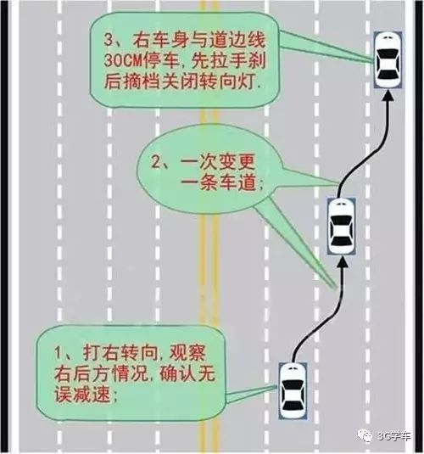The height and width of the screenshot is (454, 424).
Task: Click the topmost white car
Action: pos(388,60)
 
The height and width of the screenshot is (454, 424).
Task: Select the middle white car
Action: pos(342,226)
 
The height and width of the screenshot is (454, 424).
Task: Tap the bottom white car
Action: pos(293,390)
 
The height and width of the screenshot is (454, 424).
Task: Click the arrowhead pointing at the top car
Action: pos(388,95)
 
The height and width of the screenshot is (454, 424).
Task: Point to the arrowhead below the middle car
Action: pos(342,261)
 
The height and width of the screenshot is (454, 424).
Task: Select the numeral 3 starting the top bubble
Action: pos(109,41)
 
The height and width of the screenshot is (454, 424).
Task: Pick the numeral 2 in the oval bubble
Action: pos(157,162)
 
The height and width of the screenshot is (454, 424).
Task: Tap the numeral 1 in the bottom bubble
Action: pos(59,353)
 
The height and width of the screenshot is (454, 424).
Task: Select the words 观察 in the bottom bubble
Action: pos(187,353)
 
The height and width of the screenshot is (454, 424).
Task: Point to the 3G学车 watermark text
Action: pos(394,436)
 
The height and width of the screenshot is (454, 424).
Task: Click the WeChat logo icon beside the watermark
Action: pos(365,435)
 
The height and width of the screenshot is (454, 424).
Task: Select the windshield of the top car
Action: pos(388,53)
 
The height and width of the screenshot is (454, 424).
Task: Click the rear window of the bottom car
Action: pos(293,406)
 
